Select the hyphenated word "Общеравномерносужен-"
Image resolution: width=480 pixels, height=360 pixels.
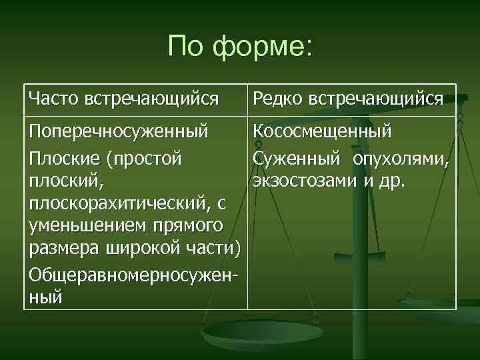point(133,273)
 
